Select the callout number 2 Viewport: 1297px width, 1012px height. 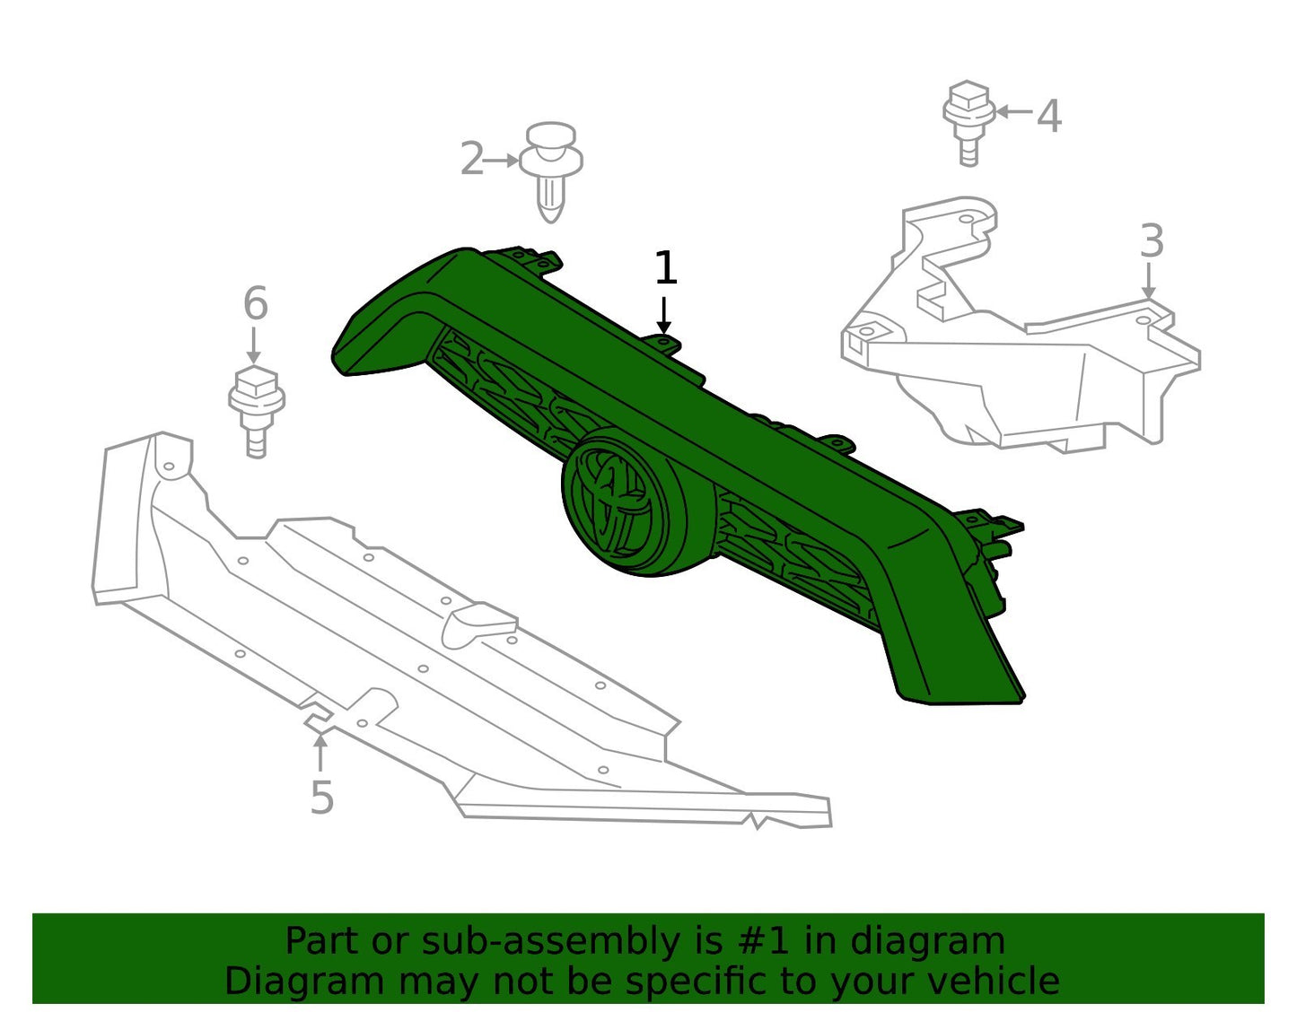click(472, 159)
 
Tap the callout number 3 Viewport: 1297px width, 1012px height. click(1152, 240)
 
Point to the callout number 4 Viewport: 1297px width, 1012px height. click(1048, 116)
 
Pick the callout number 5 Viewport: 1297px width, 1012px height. click(321, 797)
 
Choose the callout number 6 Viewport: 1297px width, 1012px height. click(256, 303)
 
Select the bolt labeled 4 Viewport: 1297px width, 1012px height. click(968, 122)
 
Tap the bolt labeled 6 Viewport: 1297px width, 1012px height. click(257, 412)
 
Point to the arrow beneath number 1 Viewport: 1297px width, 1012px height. click(663, 315)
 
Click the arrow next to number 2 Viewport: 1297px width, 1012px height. click(500, 161)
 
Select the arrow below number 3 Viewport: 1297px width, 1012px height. click(1148, 280)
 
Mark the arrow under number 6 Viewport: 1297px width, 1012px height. click(254, 345)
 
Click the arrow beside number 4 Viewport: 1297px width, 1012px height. click(1012, 111)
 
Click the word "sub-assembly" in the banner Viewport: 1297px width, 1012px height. click(550, 942)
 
